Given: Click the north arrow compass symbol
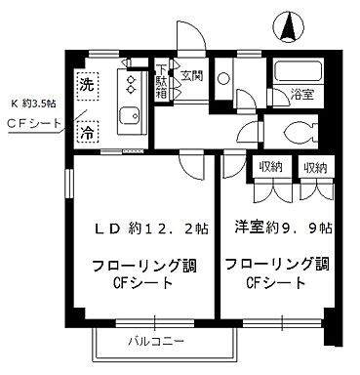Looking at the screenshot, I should click(288, 27).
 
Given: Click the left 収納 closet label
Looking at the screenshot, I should click(269, 168).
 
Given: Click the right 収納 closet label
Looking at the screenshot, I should click(313, 168).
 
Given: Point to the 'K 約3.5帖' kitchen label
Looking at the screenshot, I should click(34, 102).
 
